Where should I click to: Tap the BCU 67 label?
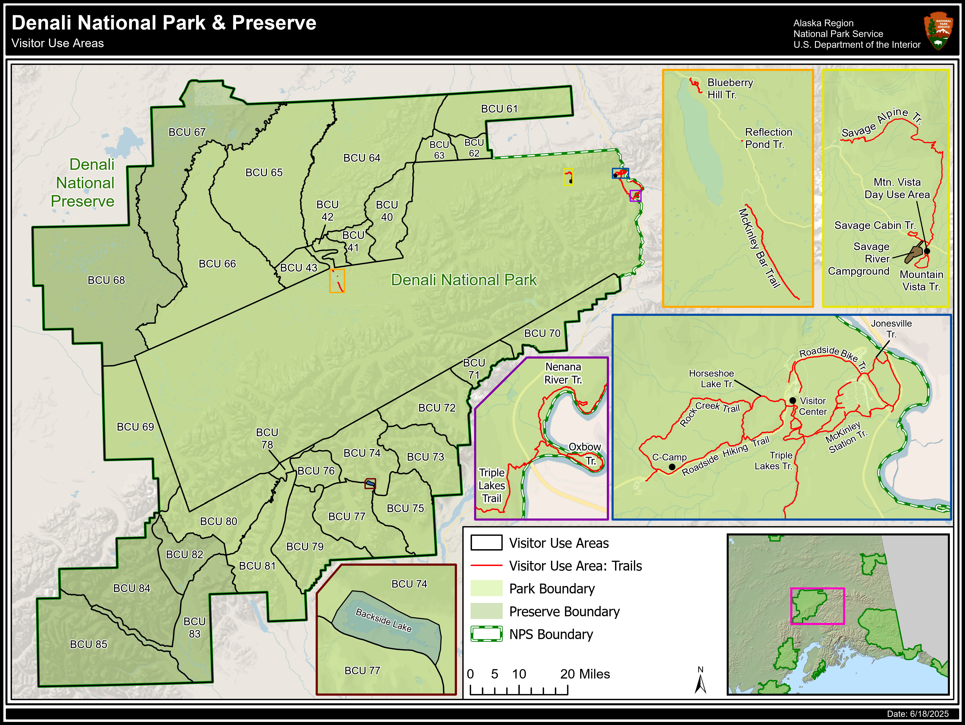point(187,132)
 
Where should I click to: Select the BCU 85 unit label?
point(88,644)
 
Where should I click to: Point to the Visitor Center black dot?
point(793,400)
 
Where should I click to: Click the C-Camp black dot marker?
point(672,467)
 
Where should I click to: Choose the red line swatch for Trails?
point(486,566)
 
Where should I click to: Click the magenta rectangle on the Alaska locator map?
point(817,606)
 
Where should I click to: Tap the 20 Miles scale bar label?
point(585,674)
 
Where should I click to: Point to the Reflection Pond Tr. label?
point(768,138)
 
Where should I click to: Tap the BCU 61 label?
point(499,109)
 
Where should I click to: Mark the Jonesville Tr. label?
point(891,329)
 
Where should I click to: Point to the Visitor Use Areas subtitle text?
point(58,43)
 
